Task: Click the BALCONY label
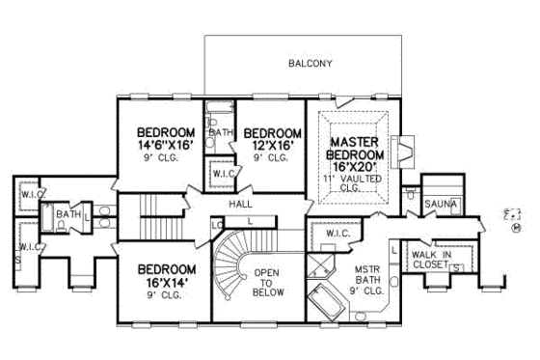pyautogui.click(x=310, y=64)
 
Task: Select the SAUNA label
pyautogui.click(x=441, y=204)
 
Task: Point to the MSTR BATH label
pyautogui.click(x=367, y=279)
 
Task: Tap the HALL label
pyautogui.click(x=241, y=205)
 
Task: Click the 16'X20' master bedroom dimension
pyautogui.click(x=359, y=165)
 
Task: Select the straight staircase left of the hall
pyautogui.click(x=150, y=207)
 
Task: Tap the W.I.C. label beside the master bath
pyautogui.click(x=337, y=234)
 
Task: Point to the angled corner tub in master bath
pyautogui.click(x=326, y=299)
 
